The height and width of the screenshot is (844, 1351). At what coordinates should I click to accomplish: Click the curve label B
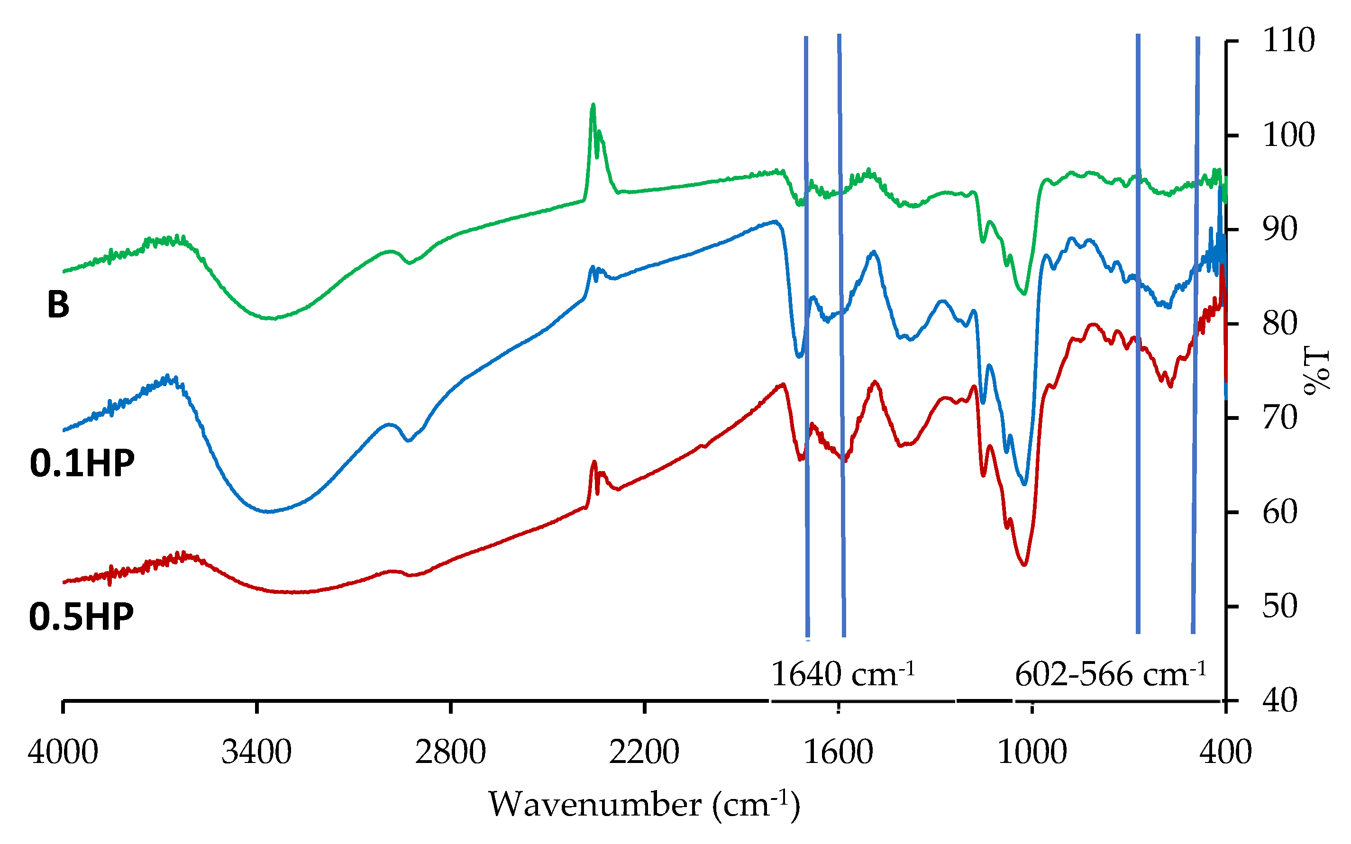click(x=58, y=305)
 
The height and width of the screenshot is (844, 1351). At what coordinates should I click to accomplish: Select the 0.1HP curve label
click(x=82, y=463)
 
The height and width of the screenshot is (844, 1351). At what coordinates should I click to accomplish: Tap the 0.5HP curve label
click(x=82, y=617)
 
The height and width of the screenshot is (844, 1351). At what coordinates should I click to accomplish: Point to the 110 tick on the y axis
click(x=1288, y=41)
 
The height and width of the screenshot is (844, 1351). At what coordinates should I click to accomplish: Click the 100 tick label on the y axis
click(x=1288, y=135)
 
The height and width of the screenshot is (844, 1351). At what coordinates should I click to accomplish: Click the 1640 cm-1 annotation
click(x=842, y=674)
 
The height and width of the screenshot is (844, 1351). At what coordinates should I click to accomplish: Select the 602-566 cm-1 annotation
click(x=1111, y=674)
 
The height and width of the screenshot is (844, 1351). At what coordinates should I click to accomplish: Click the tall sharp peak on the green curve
click(x=593, y=106)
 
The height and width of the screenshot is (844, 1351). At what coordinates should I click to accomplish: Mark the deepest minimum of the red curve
click(x=1024, y=564)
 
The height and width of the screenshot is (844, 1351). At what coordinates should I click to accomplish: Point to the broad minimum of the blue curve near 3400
click(x=268, y=511)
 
